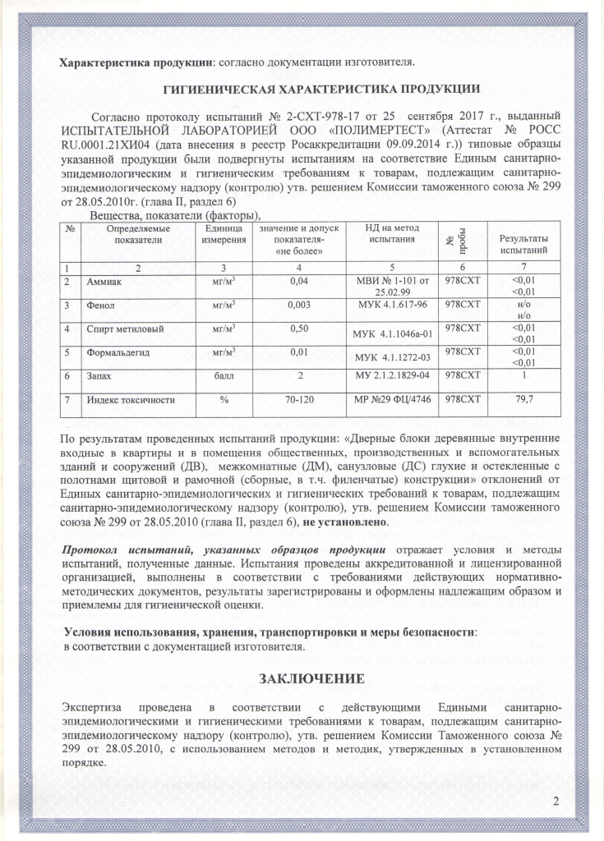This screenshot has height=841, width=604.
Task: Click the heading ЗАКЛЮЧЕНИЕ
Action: pos(311,679)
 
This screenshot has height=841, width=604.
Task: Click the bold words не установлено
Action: pos(343,522)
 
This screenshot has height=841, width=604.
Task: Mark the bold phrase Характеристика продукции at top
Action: pos(134,62)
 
